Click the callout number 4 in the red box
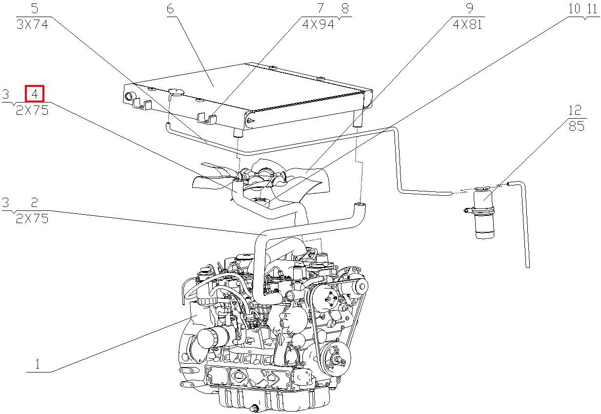coord(34,94)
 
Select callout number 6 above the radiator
coord(170,9)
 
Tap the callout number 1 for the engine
coord(38,364)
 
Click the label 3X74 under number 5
coord(32,24)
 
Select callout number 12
coord(575,110)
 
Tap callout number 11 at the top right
coord(592,9)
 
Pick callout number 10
coord(575,9)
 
